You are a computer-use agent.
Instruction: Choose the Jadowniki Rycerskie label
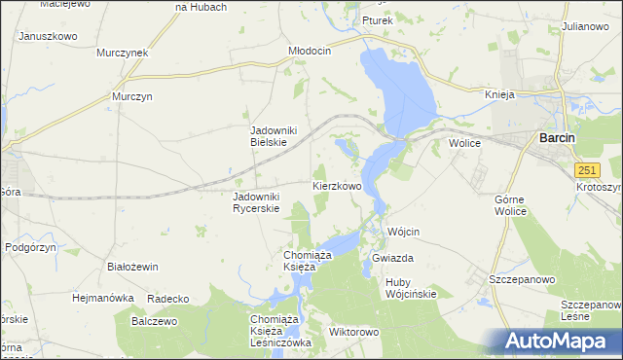tap(256, 201)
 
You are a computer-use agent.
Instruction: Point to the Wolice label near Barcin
tap(466, 142)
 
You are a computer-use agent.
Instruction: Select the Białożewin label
tap(132, 265)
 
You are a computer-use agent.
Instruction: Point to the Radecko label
tap(166, 298)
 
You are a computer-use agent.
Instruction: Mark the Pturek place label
tap(376, 20)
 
